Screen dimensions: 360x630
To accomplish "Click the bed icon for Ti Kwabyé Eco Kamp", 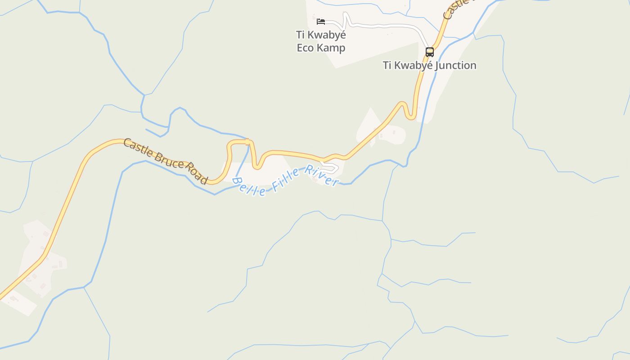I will (320, 21).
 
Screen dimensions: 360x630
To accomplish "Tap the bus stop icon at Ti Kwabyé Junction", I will (430, 52).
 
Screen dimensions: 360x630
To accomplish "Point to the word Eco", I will (305, 48).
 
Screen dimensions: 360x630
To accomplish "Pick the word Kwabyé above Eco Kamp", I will (327, 35).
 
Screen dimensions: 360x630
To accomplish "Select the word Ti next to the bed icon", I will (300, 35).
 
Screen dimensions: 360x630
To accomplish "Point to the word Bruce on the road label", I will (169, 160).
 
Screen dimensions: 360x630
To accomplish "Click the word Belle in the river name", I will (249, 187).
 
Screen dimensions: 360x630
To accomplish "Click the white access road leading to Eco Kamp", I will (382, 26).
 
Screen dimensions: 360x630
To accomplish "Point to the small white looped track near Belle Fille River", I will (331, 168).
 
